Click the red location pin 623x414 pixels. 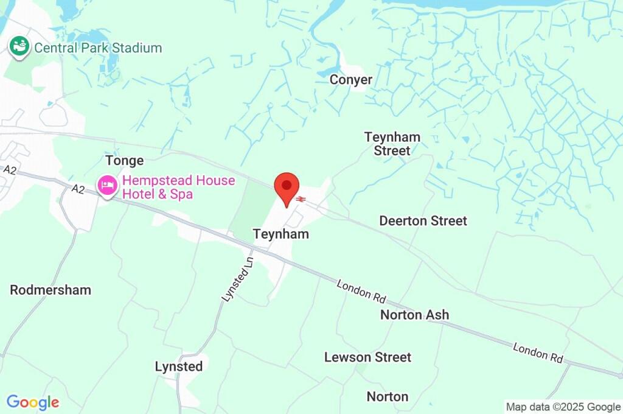pyautogui.click(x=287, y=187)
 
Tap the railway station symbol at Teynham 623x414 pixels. pyautogui.click(x=301, y=198)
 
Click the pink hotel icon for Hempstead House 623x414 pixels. pyautogui.click(x=108, y=186)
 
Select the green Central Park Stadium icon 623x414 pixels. pyautogui.click(x=19, y=47)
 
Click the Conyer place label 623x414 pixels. pyautogui.click(x=351, y=80)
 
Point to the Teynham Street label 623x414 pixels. pyautogui.click(x=392, y=144)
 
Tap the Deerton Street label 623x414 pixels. pyautogui.click(x=423, y=220)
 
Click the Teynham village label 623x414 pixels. pyautogui.click(x=281, y=234)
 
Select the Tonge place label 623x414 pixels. pyautogui.click(x=125, y=161)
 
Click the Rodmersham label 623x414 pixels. pyautogui.click(x=50, y=290)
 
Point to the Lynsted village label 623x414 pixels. pyautogui.click(x=179, y=367)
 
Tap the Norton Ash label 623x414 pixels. pyautogui.click(x=414, y=315)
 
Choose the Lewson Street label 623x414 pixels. pyautogui.click(x=367, y=357)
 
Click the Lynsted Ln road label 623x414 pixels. pyautogui.click(x=237, y=277)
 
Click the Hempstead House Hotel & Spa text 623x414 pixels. pyautogui.click(x=170, y=188)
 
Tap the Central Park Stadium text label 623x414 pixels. pyautogui.click(x=98, y=47)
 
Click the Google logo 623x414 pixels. pyautogui.click(x=33, y=402)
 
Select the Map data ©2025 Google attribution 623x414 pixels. pyautogui.click(x=563, y=407)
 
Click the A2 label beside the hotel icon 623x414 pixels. pyautogui.click(x=78, y=189)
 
